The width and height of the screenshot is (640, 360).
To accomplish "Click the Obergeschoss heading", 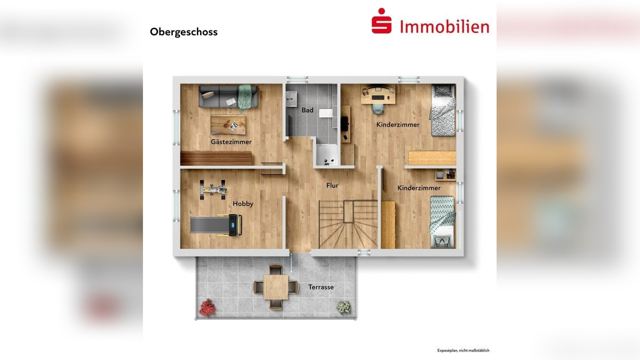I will click(183, 32).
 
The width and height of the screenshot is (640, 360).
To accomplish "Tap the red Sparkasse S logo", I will click(382, 21).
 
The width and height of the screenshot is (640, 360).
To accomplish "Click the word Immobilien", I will click(444, 27).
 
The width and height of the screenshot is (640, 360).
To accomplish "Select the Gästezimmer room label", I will click(231, 142).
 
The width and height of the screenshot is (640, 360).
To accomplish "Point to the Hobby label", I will click(243, 204).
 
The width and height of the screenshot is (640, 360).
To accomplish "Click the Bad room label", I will click(307, 110).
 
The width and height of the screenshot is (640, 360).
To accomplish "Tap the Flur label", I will click(332, 185).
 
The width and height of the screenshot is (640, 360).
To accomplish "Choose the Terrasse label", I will click(321, 287).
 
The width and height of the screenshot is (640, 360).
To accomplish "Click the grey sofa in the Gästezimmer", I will click(228, 97).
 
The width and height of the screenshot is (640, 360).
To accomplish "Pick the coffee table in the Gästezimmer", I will click(228, 125).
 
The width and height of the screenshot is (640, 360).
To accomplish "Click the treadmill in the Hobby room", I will click(216, 225).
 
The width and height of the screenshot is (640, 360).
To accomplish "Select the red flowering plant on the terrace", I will click(207, 307).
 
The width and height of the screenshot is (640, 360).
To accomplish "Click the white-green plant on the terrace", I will click(344, 307).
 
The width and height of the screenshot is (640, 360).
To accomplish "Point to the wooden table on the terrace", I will click(276, 287).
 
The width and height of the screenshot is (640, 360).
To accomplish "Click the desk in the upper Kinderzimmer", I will click(378, 94).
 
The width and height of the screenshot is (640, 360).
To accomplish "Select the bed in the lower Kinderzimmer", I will click(442, 221).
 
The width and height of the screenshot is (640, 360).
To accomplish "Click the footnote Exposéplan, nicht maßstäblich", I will click(463, 351).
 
